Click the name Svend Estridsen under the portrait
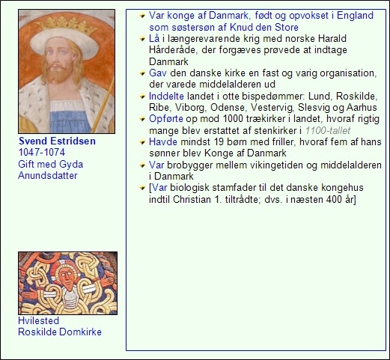pyautogui.click(x=57, y=141)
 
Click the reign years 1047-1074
pyautogui.click(x=42, y=152)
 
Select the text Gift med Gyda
pyautogui.click(x=50, y=164)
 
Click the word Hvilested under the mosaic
pyautogui.click(x=38, y=320)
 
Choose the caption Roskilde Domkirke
pyautogui.click(x=59, y=332)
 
